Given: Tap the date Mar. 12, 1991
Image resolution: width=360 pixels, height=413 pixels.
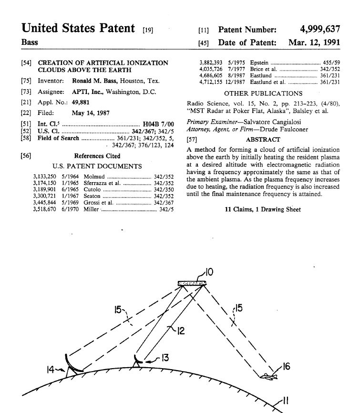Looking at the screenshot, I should [x=314, y=42].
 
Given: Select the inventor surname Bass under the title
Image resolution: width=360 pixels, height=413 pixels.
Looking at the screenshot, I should [x=30, y=42].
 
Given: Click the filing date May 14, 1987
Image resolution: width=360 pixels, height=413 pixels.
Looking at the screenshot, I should [x=91, y=114].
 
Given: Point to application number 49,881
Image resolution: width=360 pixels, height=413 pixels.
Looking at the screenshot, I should [x=80, y=103].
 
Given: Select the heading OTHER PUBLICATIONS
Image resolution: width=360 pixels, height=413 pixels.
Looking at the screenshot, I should [x=263, y=93].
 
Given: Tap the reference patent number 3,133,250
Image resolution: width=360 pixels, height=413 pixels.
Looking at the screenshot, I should [x=45, y=177].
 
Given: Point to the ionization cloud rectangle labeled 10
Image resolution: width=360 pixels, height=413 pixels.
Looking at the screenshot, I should [x=192, y=284].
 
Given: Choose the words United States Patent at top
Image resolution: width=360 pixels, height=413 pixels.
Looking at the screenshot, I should [x=79, y=28].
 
